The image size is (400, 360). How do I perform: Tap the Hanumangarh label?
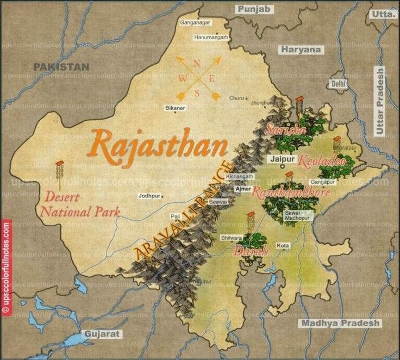pyautogui.click(x=211, y=38)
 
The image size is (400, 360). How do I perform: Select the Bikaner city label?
pyautogui.click(x=176, y=108)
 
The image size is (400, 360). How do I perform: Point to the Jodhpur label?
pyautogui.click(x=149, y=195)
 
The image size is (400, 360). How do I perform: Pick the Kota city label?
pyautogui.click(x=283, y=246)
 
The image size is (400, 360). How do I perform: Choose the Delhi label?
pyautogui.click(x=338, y=84)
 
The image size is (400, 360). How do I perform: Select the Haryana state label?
pyautogui.click(x=301, y=49)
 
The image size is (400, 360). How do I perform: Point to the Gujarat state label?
pyautogui.click(x=101, y=334)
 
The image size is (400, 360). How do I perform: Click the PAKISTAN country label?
pyautogui.click(x=61, y=67)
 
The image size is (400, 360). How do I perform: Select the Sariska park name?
pyautogui.click(x=283, y=129)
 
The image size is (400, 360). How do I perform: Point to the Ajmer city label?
pyautogui.click(x=242, y=189)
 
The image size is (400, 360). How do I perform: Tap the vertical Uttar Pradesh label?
pyautogui.click(x=379, y=101)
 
